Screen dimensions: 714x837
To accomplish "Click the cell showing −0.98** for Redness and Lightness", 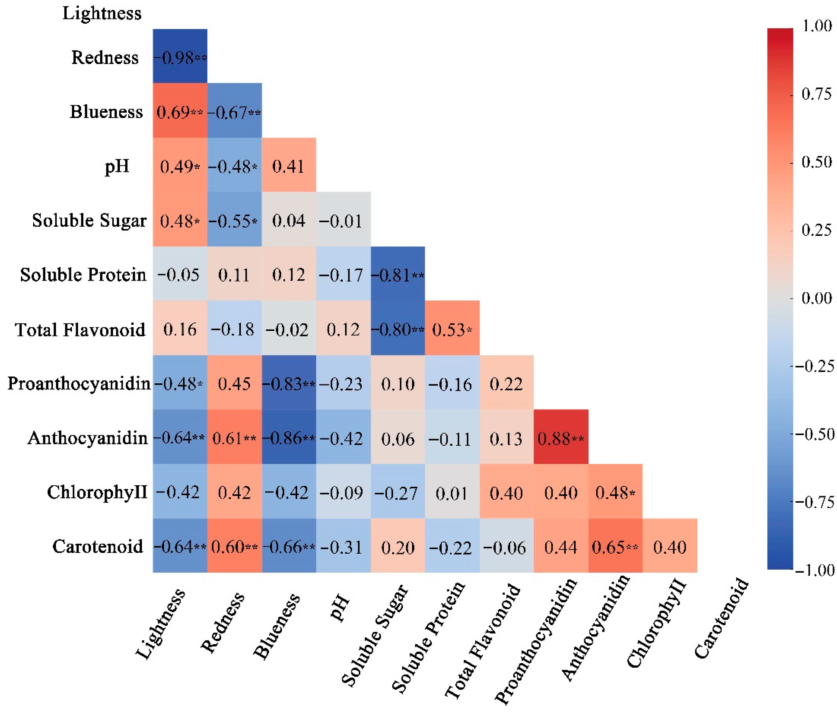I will [x=180, y=57].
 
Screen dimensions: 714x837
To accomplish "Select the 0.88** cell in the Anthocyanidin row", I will [x=561, y=438].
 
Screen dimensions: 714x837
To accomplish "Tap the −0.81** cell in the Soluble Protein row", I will [x=398, y=275].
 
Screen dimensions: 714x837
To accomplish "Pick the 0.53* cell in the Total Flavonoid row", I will [x=452, y=329].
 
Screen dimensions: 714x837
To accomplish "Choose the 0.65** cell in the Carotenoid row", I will [x=615, y=547].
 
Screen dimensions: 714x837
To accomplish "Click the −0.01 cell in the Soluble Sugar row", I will [x=343, y=221].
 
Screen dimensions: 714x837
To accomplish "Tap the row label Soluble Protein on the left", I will [x=83, y=275].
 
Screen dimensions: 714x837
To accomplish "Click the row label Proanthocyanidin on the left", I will [x=79, y=384].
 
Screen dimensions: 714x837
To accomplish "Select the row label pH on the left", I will [x=117, y=166].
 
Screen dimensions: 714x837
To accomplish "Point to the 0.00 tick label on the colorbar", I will [x=816, y=298].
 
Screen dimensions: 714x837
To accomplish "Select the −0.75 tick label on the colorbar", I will [x=814, y=502].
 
